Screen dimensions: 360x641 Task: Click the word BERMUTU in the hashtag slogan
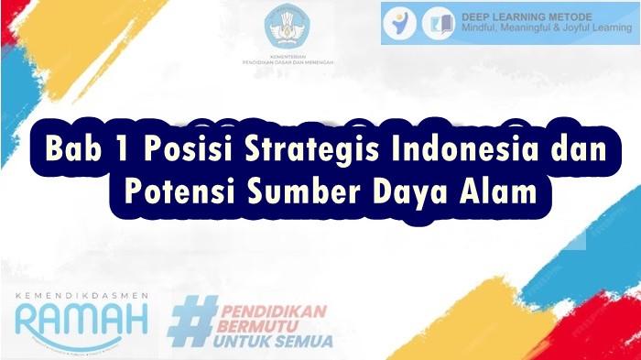(258, 326)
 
